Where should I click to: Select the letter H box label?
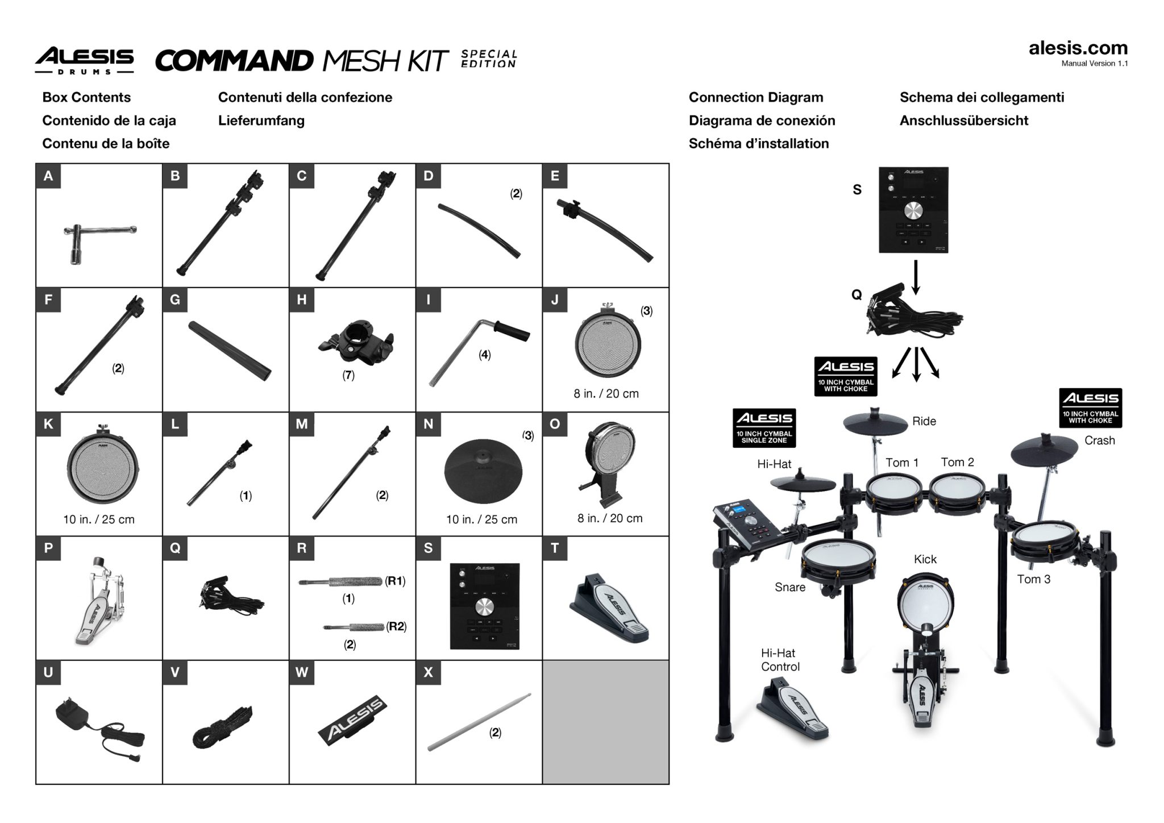(301, 300)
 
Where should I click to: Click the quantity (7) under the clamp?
(348, 375)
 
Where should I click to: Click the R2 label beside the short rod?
(396, 626)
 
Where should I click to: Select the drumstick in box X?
(479, 722)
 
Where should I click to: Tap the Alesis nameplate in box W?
(352, 721)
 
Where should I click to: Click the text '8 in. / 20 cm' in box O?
(610, 518)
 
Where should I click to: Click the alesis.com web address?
(1078, 48)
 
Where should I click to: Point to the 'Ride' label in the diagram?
(924, 421)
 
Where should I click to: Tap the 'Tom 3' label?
(1033, 579)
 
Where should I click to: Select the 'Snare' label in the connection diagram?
(789, 587)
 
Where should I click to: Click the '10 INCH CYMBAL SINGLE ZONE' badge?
(764, 427)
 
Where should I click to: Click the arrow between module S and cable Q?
(915, 277)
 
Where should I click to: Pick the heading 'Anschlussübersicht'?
(963, 120)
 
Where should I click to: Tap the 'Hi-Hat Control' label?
(779, 660)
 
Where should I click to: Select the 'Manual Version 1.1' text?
(1094, 64)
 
